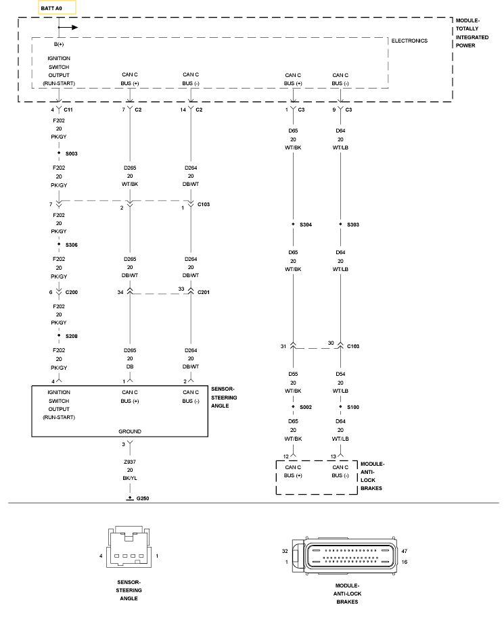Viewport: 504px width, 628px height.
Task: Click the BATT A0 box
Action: pyautogui.click(x=57, y=8)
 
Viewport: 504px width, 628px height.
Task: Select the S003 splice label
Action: pyautogui.click(x=71, y=154)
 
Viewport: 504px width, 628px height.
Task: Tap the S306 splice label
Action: pyautogui.click(x=71, y=245)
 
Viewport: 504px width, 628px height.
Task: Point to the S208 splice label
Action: pyautogui.click(x=71, y=337)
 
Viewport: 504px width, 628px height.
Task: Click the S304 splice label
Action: pyautogui.click(x=306, y=225)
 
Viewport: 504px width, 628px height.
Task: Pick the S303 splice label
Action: pyautogui.click(x=353, y=225)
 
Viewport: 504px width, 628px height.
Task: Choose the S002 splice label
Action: pyautogui.click(x=306, y=408)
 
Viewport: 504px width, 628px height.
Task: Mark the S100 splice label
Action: pyautogui.click(x=353, y=408)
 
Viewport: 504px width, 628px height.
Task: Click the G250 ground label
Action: pyautogui.click(x=143, y=499)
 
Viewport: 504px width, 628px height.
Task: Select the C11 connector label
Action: pyautogui.click(x=68, y=110)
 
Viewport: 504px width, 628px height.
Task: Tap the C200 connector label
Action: pyautogui.click(x=71, y=293)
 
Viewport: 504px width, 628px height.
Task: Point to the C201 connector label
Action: pyautogui.click(x=203, y=293)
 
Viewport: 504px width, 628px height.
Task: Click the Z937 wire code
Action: pyautogui.click(x=129, y=462)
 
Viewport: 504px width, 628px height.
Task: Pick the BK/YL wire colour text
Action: pyautogui.click(x=129, y=478)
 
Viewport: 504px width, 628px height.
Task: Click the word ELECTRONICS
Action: pyautogui.click(x=409, y=41)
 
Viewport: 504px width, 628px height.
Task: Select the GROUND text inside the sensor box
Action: pyautogui.click(x=129, y=431)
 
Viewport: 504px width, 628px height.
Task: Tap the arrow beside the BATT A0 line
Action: pyautogui.click(x=68, y=27)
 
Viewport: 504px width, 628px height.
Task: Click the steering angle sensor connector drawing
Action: pyautogui.click(x=129, y=547)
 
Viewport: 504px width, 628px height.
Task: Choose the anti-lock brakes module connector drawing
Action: pyautogui.click(x=344, y=556)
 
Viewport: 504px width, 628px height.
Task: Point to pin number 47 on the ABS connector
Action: pyautogui.click(x=404, y=552)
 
